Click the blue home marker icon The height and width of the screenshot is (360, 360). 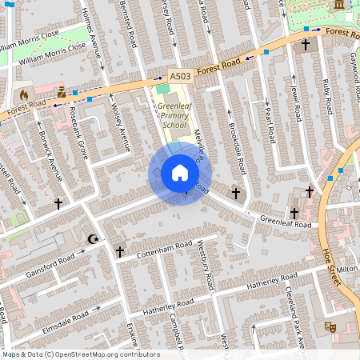click(x=179, y=173)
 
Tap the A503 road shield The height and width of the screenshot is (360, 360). click(x=180, y=76)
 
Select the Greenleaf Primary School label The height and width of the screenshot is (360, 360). click(x=174, y=114)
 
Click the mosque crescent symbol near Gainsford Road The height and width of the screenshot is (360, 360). click(x=92, y=238)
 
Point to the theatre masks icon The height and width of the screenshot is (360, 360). click(x=329, y=326)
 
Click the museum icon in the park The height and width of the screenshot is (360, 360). click(x=338, y=5)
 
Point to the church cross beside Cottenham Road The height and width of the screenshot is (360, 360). click(x=120, y=252)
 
